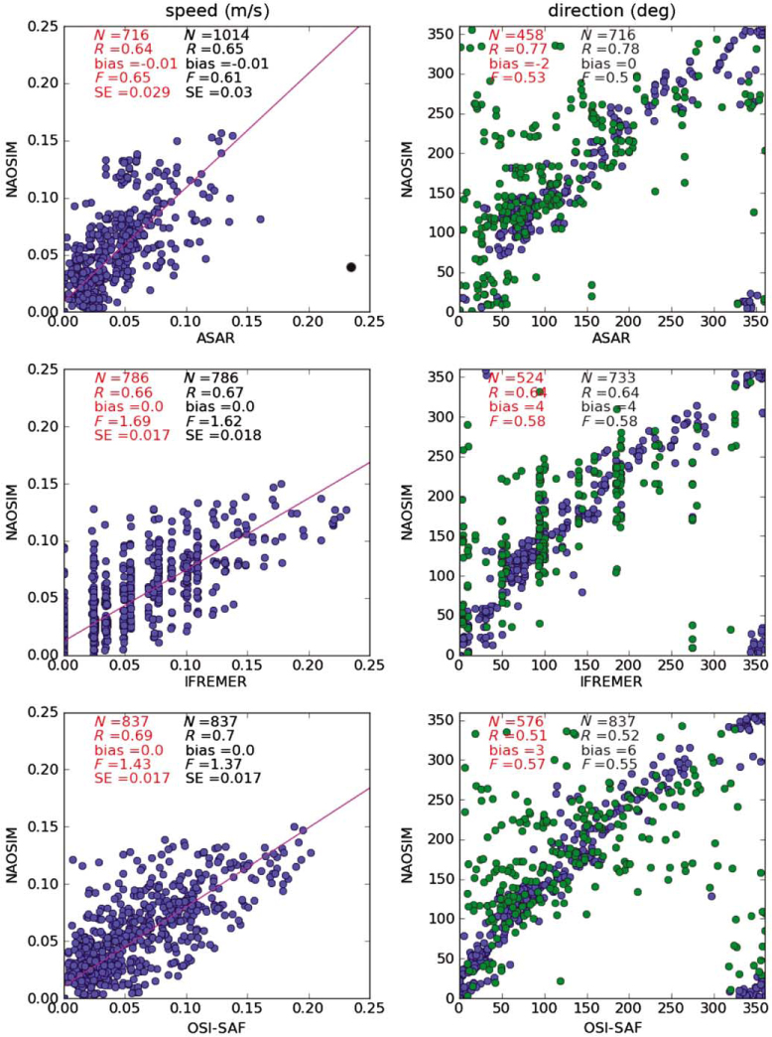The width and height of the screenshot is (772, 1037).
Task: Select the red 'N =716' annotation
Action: tap(122, 37)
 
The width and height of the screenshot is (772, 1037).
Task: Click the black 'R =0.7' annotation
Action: tap(212, 736)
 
